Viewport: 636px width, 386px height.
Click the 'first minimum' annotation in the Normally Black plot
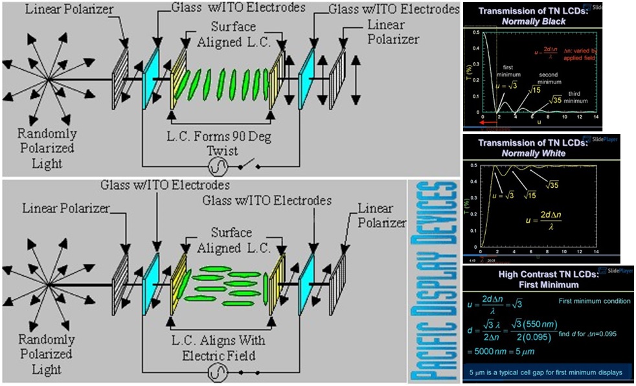click(508, 69)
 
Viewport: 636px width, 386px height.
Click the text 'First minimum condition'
click(594, 301)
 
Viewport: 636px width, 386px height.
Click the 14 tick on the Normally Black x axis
click(596, 117)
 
